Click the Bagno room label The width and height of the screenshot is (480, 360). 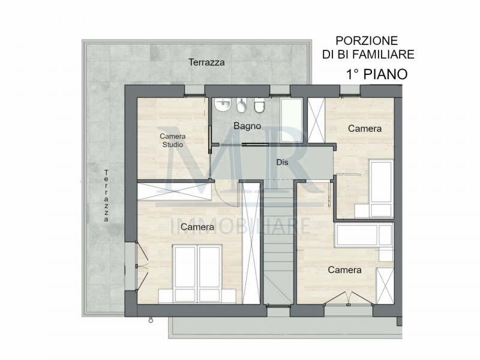(247, 126)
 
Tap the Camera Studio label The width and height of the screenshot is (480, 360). (172, 140)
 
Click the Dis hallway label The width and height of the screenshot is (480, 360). (282, 162)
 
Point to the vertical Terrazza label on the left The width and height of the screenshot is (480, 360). (106, 196)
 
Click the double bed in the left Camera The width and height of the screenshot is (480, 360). (196, 272)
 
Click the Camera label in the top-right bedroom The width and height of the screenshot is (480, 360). (365, 128)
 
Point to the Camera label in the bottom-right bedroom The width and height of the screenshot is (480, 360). (344, 270)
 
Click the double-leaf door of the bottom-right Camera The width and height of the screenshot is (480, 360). (340, 298)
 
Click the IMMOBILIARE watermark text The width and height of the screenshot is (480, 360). (241, 227)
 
